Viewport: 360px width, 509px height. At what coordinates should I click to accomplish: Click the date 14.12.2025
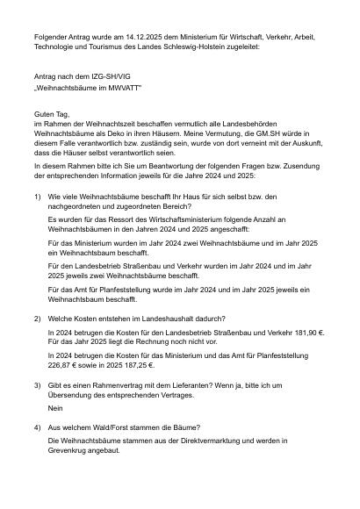pyautogui.click(x=128, y=38)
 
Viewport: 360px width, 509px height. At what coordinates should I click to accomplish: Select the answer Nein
pyautogui.click(x=56, y=408)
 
